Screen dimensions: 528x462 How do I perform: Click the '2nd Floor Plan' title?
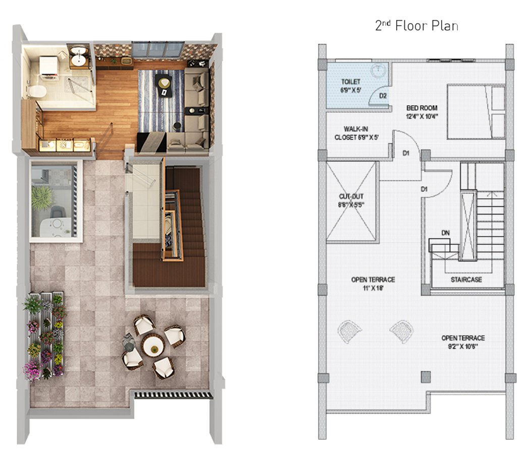coord(416,26)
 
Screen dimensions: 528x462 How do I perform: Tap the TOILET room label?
coord(351,86)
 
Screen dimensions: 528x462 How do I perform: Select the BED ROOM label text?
coord(421,112)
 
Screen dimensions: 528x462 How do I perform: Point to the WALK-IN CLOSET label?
coord(356,133)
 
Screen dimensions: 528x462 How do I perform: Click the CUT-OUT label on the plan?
coord(351,200)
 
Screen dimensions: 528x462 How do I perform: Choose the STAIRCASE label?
coord(466,280)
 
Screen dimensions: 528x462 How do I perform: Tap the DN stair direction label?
coord(446,233)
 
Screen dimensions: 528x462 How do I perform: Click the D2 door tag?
coord(383,95)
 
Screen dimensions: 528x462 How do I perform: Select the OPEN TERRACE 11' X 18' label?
coord(373,284)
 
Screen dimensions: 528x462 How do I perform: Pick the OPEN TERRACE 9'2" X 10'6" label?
coord(463,342)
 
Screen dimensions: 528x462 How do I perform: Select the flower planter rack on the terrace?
coord(44,336)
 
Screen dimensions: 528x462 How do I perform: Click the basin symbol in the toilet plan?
coord(379,70)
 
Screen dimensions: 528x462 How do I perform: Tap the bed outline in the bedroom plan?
coord(476,112)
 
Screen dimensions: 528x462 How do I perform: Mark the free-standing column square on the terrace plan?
coord(426,377)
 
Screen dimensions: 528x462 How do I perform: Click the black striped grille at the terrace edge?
coord(174,395)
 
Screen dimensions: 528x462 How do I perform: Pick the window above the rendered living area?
coord(158,50)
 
